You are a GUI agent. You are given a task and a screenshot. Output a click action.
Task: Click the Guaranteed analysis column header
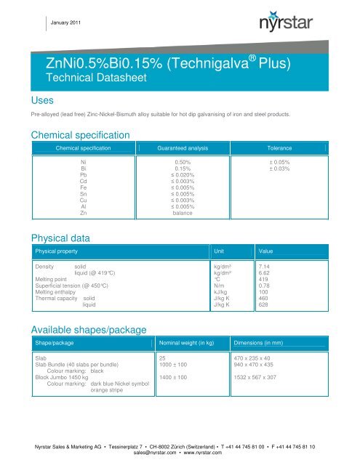[x=183, y=147]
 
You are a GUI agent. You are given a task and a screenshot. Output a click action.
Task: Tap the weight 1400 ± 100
[x=173, y=378]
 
